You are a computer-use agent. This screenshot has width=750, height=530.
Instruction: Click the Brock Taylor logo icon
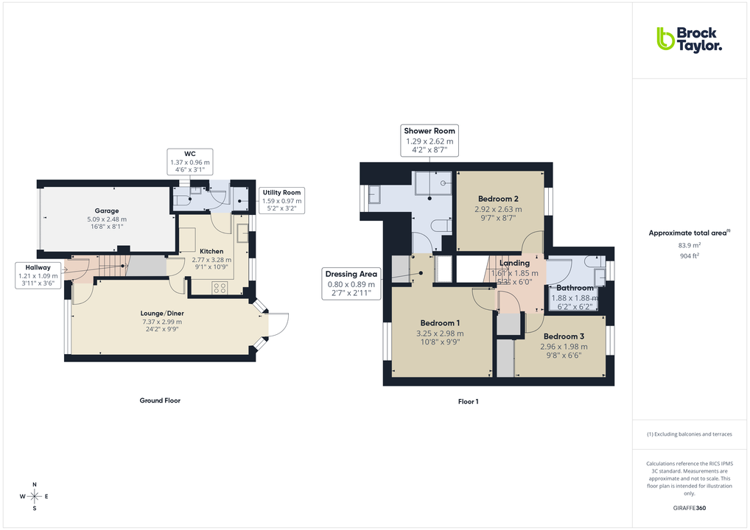point(665,39)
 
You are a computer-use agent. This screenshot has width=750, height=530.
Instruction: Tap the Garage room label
point(106,211)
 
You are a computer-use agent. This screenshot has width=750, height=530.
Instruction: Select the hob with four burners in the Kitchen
point(220,288)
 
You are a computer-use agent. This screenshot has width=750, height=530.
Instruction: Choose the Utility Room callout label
point(281,200)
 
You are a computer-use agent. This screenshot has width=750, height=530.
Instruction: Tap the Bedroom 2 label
point(498,199)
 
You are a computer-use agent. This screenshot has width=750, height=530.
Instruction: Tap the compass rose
point(34,497)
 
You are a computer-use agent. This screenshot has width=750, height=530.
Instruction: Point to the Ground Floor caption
point(160,400)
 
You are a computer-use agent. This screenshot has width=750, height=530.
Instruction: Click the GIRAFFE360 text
point(689,508)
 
